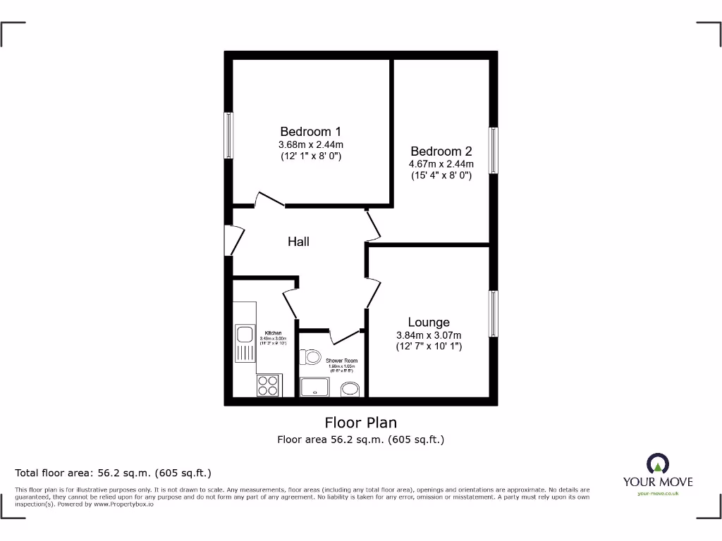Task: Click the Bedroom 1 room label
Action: tap(310, 132)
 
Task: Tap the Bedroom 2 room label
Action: tap(441, 151)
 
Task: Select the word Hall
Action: tap(298, 242)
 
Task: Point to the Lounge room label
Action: tap(429, 323)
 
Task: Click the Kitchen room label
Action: tap(274, 332)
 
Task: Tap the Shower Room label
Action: tap(341, 361)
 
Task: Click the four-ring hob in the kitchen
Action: tap(268, 385)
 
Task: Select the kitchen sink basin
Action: tap(245, 334)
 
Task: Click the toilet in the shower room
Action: tap(311, 358)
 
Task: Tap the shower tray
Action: tap(314, 387)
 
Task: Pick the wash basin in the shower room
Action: tap(350, 389)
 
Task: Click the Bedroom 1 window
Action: tap(228, 135)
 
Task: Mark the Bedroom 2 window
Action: tap(494, 150)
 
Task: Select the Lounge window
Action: tap(494, 313)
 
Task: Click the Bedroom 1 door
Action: tap(269, 200)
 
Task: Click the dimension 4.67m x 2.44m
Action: tap(441, 164)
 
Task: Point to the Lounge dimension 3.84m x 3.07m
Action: tap(429, 335)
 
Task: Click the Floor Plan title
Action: tap(360, 423)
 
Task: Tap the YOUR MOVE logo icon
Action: tap(658, 463)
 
